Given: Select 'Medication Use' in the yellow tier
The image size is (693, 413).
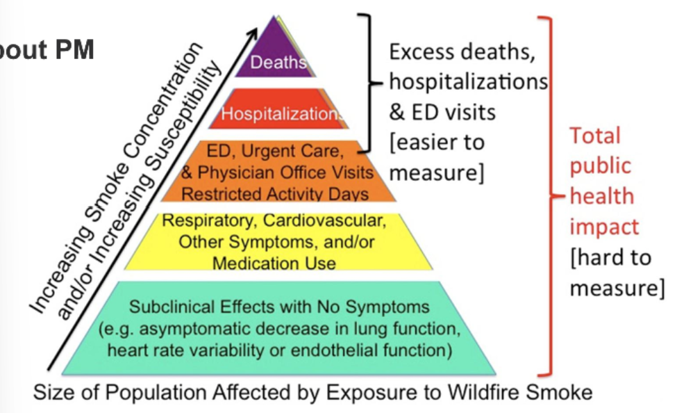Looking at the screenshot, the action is pos(274,264).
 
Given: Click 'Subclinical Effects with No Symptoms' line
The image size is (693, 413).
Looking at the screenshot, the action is pos(278,306).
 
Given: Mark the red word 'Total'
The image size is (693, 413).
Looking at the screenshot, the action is pos(595,136).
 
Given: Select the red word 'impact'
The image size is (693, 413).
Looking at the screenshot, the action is pos(603,226).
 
